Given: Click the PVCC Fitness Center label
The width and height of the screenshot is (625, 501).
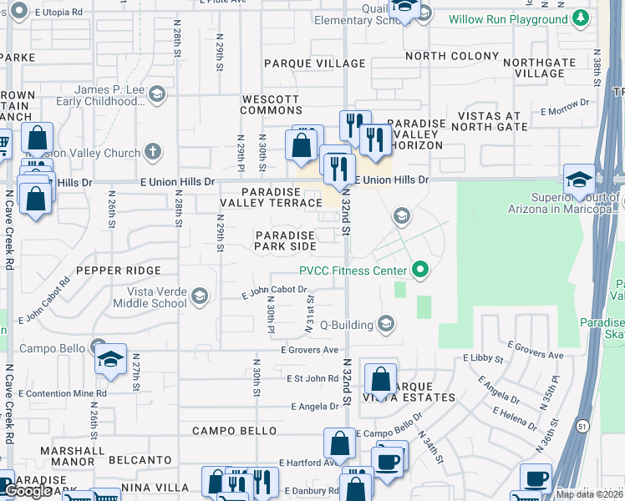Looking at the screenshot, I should (x=353, y=270).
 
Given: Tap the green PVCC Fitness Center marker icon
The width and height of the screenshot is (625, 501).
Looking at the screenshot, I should (x=420, y=270).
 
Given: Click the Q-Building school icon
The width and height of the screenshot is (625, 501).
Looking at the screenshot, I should (x=385, y=323).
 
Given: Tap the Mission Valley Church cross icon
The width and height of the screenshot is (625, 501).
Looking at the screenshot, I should (x=150, y=151).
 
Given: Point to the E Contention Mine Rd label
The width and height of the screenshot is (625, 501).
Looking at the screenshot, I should (x=62, y=393).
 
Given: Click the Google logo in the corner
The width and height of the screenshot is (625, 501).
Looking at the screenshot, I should (x=28, y=491).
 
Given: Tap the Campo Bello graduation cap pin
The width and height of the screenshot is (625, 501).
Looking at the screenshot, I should (x=110, y=360).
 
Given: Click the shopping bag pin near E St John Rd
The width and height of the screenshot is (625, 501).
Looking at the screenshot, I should (x=380, y=380).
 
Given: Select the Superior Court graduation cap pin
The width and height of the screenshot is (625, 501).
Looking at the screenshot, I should (x=579, y=180).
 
